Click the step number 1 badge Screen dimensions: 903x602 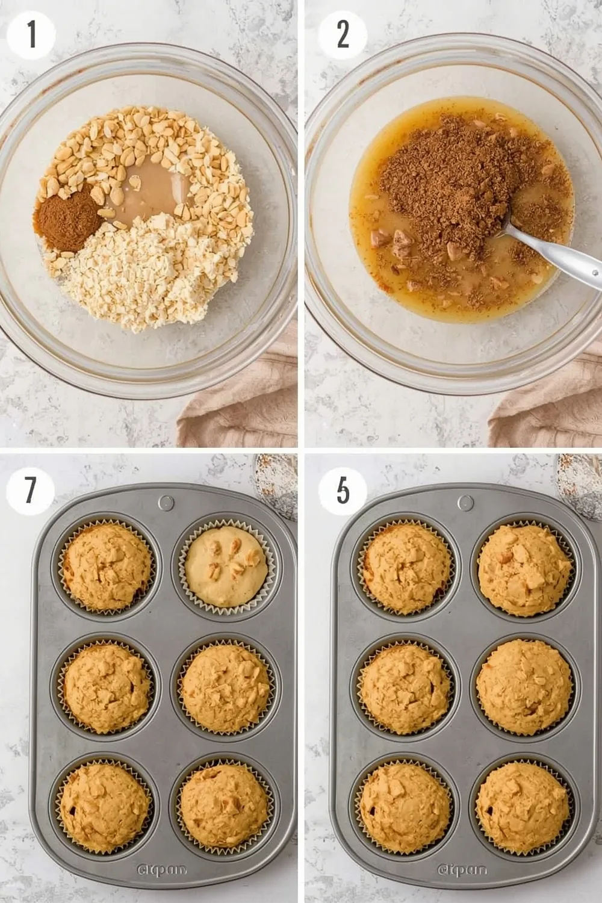click(31, 34)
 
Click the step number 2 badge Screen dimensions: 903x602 click(342, 34)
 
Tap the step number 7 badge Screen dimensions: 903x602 click(31, 491)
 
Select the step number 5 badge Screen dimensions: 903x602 click(342, 491)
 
